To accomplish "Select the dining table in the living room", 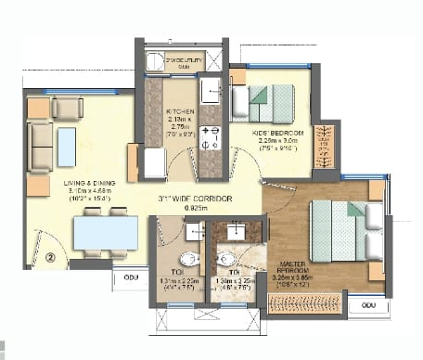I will pos(105,232).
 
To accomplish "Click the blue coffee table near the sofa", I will pos(67,147).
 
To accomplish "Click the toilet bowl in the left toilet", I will pos(188,259).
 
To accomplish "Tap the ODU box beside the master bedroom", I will pos(369,303).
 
